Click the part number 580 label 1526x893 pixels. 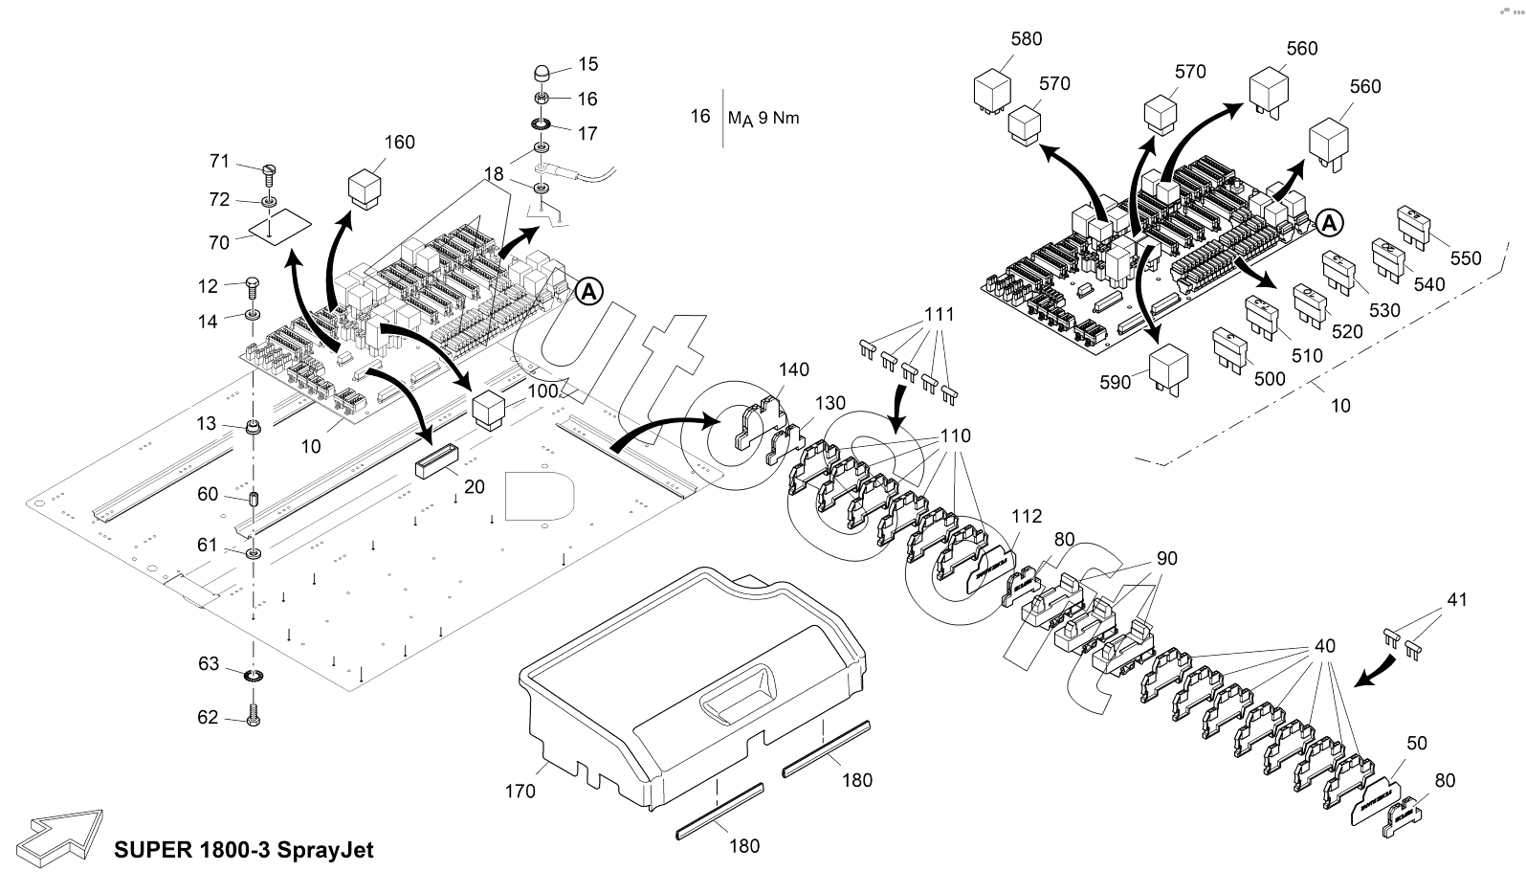1027,39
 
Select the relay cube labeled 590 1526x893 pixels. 1170,367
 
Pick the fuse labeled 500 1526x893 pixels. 1228,349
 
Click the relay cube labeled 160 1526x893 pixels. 366,188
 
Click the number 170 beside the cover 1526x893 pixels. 520,792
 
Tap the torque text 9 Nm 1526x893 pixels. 778,119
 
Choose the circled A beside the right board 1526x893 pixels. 1329,222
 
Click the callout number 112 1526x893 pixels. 1027,517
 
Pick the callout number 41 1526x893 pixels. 1456,600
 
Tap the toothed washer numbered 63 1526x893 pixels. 254,678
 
